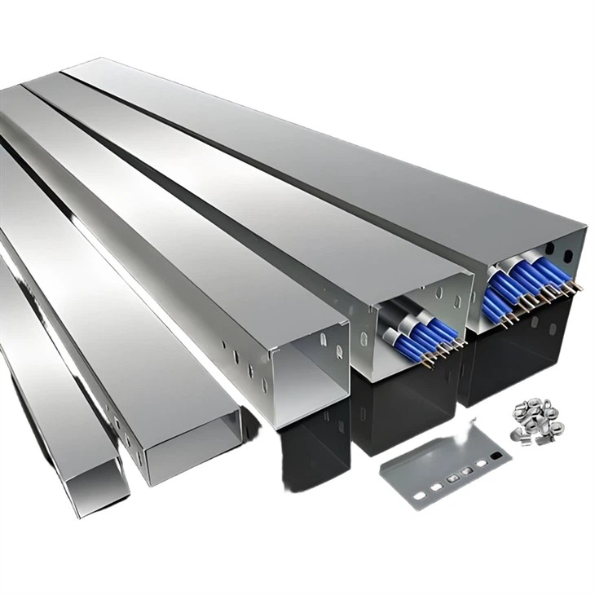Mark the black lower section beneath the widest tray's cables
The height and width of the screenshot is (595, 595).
(x=522, y=359)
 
